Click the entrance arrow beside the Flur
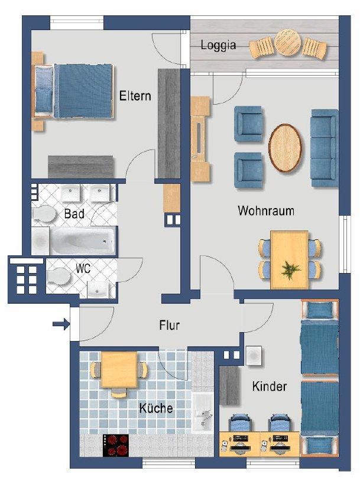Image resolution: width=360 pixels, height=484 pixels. point(61,324)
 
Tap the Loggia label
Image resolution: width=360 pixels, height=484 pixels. point(218,45)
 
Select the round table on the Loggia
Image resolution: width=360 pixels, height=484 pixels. point(288,43)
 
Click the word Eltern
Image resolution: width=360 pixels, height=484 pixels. point(135,96)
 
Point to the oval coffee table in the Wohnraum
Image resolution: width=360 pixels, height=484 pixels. point(286,148)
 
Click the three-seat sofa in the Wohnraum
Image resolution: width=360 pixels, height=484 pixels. point(325,148)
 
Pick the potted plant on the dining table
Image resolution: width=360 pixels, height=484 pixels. point(290,270)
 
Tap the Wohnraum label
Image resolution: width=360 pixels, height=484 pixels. point(266,210)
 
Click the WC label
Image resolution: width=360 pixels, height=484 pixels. point(83,268)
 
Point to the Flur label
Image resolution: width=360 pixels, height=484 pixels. point(169,325)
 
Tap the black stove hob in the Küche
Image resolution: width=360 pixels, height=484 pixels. point(116,445)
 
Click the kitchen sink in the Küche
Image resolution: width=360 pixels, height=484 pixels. point(203,412)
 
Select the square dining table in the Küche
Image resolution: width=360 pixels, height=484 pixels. point(119,369)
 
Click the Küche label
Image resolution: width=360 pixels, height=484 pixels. point(156,408)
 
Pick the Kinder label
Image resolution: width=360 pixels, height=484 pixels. point(270,386)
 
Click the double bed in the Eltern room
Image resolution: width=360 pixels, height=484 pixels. point(73,91)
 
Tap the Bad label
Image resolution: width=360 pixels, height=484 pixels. point(74,213)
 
